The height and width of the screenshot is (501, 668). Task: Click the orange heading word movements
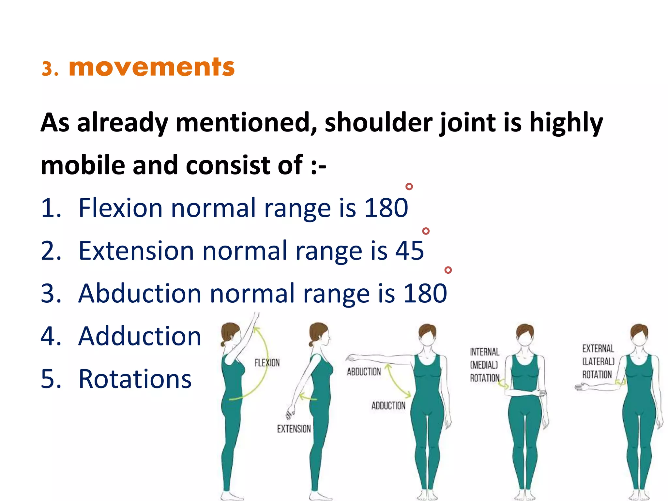(151, 68)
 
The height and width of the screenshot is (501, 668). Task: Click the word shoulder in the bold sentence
(378, 123)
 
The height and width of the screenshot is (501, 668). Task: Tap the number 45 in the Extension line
(409, 250)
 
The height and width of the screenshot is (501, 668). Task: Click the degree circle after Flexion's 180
(409, 187)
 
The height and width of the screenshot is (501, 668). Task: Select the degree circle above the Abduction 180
(448, 270)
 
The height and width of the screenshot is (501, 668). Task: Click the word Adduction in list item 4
(140, 336)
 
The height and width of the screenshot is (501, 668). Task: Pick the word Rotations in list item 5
(135, 379)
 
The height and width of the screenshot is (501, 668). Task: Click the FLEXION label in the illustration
(267, 363)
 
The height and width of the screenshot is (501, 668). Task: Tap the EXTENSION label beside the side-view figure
(294, 429)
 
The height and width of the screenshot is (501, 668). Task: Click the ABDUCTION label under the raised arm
(364, 372)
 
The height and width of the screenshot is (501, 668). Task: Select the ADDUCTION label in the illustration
(388, 405)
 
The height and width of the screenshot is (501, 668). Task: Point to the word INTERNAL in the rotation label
(484, 352)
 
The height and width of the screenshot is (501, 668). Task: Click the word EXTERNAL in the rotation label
(598, 349)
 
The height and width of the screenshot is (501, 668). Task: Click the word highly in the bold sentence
(566, 123)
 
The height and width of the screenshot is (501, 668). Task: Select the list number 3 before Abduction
(51, 293)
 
